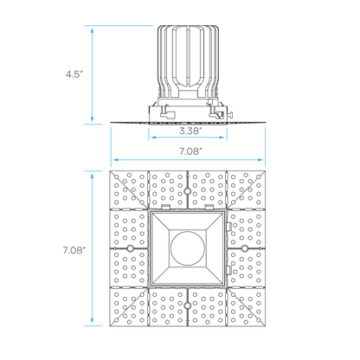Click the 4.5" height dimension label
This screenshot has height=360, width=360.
tap(74, 74)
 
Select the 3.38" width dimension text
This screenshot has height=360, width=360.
tap(190, 131)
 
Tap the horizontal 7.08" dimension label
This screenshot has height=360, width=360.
tap(190, 151)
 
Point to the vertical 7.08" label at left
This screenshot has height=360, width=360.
tap(74, 250)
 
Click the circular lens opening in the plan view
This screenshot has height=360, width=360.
tap(188, 248)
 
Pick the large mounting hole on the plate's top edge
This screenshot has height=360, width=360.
tap(188, 191)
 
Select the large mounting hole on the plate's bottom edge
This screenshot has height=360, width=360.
tap(188, 305)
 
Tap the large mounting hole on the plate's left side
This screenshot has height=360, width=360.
tap(130, 248)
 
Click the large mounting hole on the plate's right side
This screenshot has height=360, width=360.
tap(245, 248)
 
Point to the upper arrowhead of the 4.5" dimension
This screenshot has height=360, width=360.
tap(92, 30)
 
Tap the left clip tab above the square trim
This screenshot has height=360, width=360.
tap(165, 207)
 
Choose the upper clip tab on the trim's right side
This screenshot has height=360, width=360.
tap(229, 227)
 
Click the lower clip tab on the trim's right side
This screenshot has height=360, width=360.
tap(229, 270)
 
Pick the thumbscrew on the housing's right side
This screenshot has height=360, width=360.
tap(230, 114)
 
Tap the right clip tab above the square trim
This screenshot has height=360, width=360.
tap(209, 207)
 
